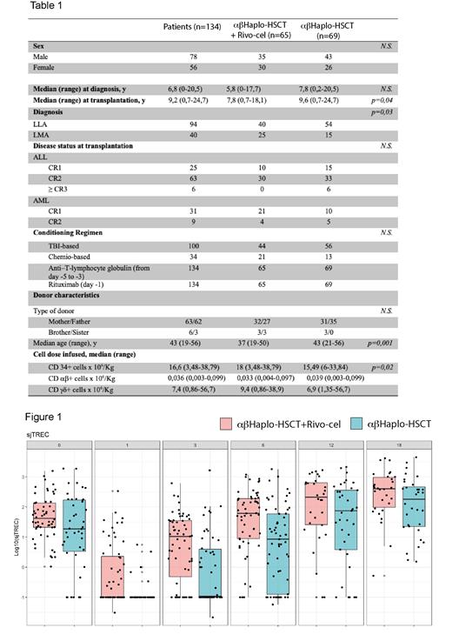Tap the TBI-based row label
coord(51,246)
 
